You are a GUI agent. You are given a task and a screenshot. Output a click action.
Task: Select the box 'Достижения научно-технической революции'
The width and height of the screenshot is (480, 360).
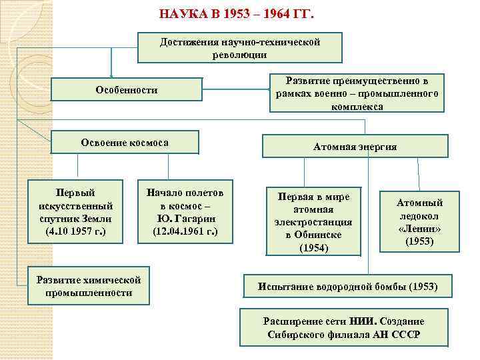click(239, 48)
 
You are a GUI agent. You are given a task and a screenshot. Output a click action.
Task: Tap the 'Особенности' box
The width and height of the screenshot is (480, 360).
click(127, 89)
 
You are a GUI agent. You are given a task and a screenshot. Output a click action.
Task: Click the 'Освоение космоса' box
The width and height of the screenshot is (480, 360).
click(124, 143)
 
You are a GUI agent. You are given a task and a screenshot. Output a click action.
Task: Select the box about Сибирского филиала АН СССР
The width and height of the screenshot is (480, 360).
click(343, 327)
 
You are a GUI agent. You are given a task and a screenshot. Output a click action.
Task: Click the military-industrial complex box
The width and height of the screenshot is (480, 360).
click(357, 93)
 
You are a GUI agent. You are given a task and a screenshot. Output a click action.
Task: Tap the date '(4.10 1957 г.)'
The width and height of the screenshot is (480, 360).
click(75, 231)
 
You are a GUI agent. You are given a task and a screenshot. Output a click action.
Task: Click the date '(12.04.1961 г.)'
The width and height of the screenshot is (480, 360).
click(185, 231)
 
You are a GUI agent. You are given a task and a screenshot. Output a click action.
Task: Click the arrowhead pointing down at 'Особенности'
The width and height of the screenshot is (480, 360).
click(112, 75)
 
